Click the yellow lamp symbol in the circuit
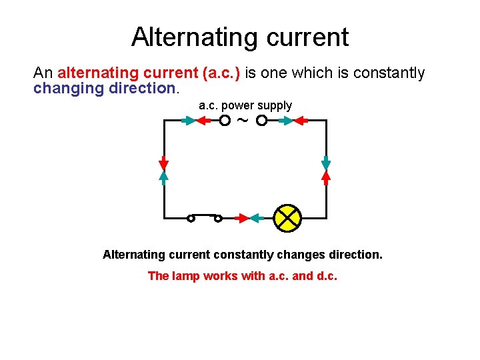tap(288, 218)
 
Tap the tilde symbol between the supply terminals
tap(243, 121)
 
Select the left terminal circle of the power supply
tap(225, 121)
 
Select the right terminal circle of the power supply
tap(262, 121)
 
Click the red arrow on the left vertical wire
tap(163, 163)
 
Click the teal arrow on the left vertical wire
tap(163, 176)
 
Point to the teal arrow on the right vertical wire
tap(326, 163)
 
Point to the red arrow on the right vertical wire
tap(326, 176)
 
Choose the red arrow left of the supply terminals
tap(203, 121)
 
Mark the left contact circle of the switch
tap(191, 218)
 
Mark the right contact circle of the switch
tap(218, 218)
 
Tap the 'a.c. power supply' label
tap(245, 105)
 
